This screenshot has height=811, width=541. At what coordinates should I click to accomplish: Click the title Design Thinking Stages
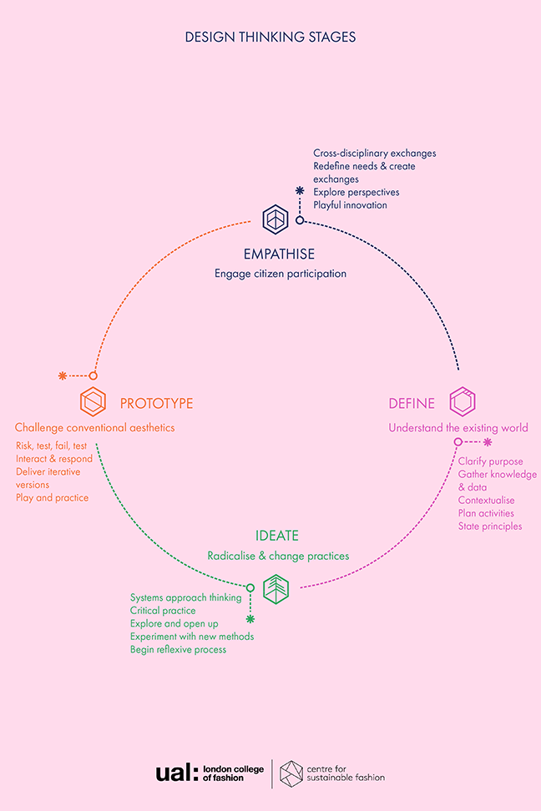point(270,38)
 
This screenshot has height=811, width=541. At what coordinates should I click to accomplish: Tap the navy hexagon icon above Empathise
point(275,219)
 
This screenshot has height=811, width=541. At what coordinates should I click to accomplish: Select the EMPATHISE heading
point(280,254)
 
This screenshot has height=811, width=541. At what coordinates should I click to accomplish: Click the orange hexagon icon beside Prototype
point(93,402)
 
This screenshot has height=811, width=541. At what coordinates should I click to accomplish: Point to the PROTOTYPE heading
point(156,404)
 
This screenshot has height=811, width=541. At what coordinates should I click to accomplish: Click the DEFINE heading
point(412,404)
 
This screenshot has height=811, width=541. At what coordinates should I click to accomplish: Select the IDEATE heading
point(277,536)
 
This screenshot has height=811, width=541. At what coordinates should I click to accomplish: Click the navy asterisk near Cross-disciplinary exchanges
point(300,191)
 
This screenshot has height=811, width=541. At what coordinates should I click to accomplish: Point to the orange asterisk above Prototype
point(62,376)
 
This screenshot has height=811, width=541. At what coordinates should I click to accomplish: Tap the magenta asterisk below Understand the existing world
point(488,441)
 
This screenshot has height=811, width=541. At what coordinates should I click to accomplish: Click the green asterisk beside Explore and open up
point(250,619)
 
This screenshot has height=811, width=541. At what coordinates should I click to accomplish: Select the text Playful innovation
point(350,205)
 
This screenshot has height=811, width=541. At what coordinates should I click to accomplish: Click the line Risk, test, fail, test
point(51,446)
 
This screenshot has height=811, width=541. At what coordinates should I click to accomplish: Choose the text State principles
point(489,526)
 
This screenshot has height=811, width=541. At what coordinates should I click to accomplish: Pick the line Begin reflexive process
point(178,650)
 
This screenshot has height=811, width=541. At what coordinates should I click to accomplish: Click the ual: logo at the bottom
point(175,773)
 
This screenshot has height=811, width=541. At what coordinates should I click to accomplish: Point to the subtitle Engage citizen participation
point(280,274)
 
